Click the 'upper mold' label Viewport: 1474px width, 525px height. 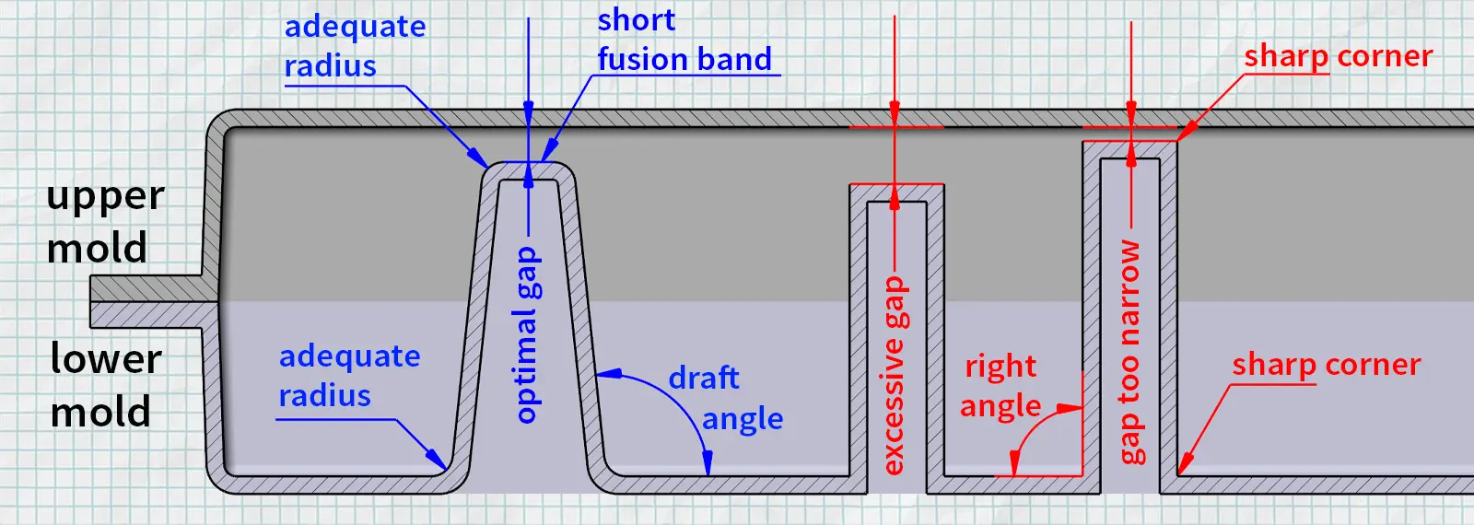click(x=105, y=222)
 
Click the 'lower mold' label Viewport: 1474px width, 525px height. click(x=105, y=385)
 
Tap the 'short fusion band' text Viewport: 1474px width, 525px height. click(x=684, y=40)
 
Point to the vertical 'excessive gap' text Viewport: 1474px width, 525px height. click(x=894, y=376)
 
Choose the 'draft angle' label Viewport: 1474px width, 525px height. click(x=725, y=398)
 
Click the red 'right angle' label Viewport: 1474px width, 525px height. click(x=1000, y=386)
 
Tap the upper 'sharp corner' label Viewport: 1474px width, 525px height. click(x=1338, y=56)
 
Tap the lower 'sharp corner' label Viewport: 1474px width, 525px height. click(x=1326, y=365)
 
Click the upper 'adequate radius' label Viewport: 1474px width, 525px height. click(x=355, y=46)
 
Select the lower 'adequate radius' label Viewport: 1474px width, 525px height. click(x=349, y=376)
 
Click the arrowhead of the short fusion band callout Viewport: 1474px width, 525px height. click(x=548, y=155)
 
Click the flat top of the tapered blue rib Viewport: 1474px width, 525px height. click(x=528, y=171)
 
